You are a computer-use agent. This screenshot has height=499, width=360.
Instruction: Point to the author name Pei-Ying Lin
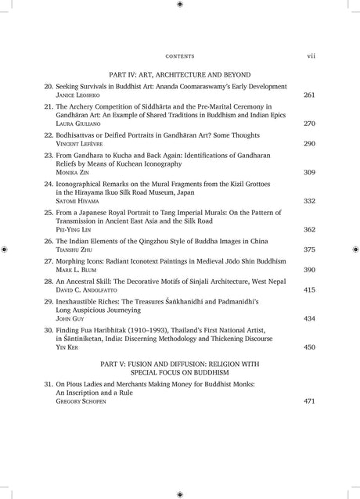[x=73, y=230]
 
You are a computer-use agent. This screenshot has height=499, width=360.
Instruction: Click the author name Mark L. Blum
[x=74, y=269]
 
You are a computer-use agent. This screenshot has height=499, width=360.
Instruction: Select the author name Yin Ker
[x=67, y=347]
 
